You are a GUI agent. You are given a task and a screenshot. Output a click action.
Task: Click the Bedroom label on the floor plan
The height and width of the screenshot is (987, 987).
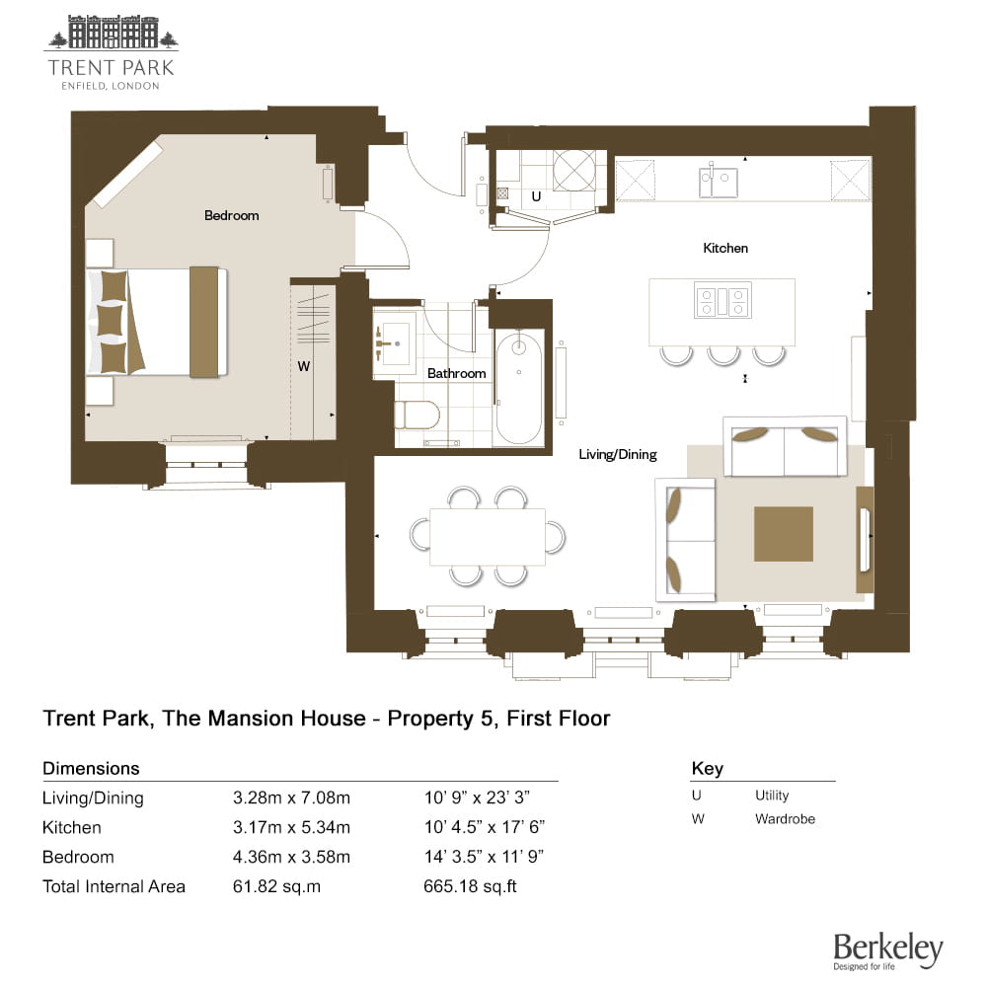pos(232,215)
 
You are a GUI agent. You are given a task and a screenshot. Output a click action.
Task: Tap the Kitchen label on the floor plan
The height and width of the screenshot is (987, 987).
pos(725,248)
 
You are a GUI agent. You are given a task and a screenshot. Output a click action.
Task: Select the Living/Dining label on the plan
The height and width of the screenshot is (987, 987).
pos(618,454)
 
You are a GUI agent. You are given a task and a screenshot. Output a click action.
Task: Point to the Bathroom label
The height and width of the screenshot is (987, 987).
pos(456,373)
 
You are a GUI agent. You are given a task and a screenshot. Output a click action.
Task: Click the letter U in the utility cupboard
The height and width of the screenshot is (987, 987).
pos(536,196)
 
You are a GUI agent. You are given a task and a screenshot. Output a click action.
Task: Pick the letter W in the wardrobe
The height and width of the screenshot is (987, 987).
pos(303,366)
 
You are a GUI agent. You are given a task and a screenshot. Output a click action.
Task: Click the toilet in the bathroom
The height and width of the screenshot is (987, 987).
pos(417,415)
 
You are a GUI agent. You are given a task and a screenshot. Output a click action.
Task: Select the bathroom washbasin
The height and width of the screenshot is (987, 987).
pos(395,343)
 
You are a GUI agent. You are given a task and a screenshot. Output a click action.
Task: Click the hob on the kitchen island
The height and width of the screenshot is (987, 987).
pos(722,300)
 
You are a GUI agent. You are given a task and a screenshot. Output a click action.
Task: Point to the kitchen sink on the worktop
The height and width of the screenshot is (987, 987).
pos(719,182)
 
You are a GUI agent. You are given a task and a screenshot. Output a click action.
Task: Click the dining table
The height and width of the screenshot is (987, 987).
pos(488,537)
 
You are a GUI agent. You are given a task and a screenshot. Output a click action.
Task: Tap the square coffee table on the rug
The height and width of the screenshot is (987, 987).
pos(784,534)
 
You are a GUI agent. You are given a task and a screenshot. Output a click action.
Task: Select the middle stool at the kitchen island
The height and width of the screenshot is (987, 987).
pos(723,355)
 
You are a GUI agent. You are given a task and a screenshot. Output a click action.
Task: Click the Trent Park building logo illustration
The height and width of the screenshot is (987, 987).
pos(113,33)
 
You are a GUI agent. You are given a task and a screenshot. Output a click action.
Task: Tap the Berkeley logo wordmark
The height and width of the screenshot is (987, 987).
pos(888,949)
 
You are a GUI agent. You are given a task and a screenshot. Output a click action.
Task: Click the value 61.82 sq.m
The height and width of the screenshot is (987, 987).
pos(276,886)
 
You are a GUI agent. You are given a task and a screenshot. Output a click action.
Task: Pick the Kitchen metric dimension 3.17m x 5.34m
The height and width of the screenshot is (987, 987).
pos(291,827)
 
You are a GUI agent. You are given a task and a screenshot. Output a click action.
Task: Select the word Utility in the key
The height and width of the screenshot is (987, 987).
pos(772,796)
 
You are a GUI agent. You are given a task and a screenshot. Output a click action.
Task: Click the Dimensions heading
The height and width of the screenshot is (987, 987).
pos(91,768)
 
